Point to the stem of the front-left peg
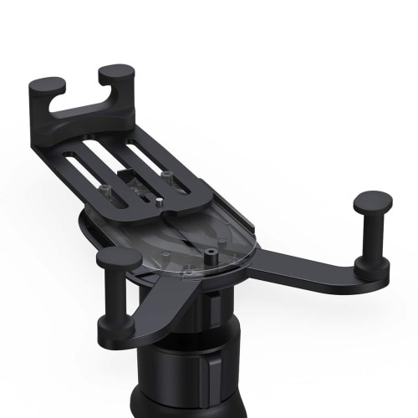(x=116, y=301)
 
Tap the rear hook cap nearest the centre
(x=116, y=76)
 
